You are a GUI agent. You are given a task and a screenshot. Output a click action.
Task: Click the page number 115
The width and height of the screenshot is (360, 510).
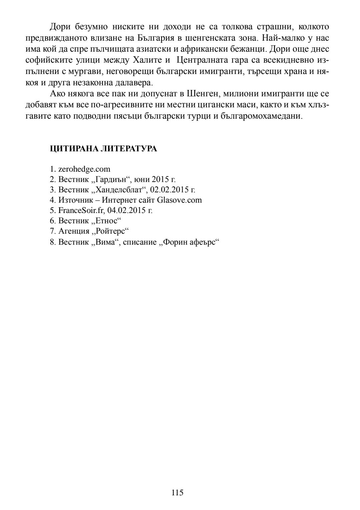coord(178,492)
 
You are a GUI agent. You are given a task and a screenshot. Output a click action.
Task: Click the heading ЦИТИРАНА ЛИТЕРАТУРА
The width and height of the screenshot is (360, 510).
coord(103,149)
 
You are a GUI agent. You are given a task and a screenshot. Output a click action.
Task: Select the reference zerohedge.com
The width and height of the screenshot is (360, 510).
coord(84,169)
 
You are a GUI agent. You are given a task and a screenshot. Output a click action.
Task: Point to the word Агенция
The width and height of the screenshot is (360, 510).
coord(74,231)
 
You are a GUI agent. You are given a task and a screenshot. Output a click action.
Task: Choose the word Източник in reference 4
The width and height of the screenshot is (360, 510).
coord(75,200)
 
